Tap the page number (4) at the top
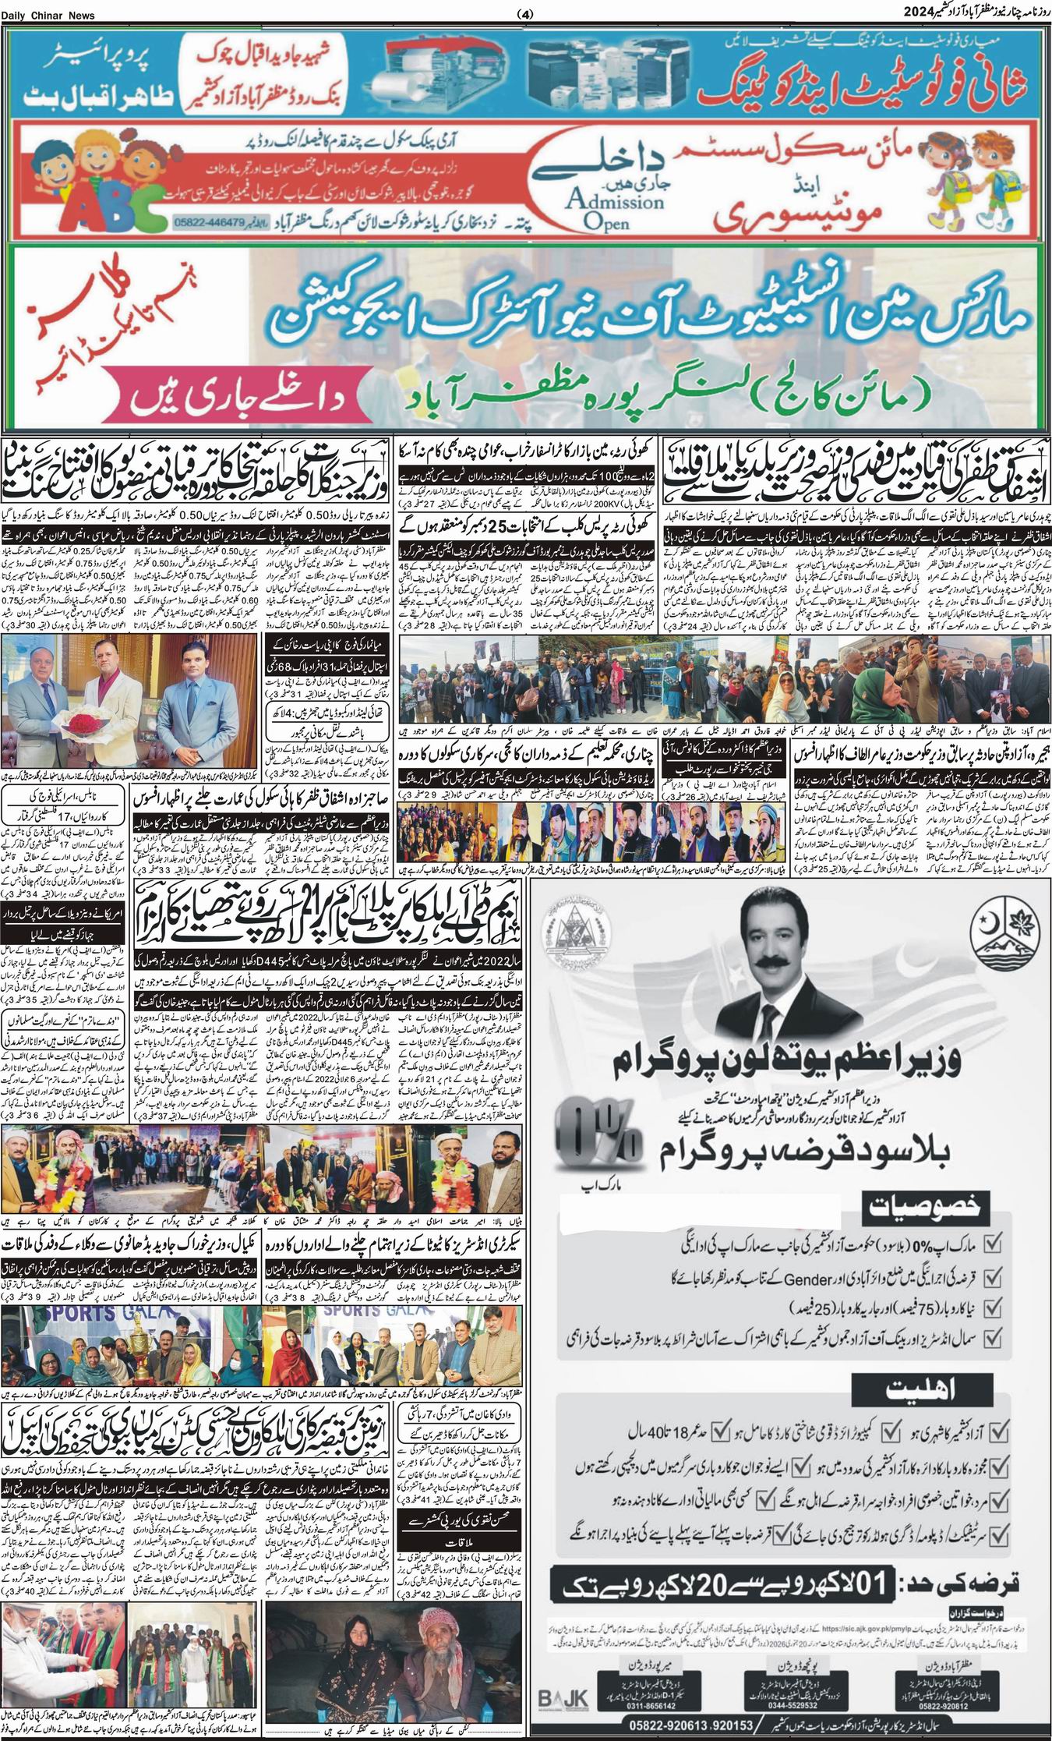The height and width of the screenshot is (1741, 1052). pyautogui.click(x=525, y=15)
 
